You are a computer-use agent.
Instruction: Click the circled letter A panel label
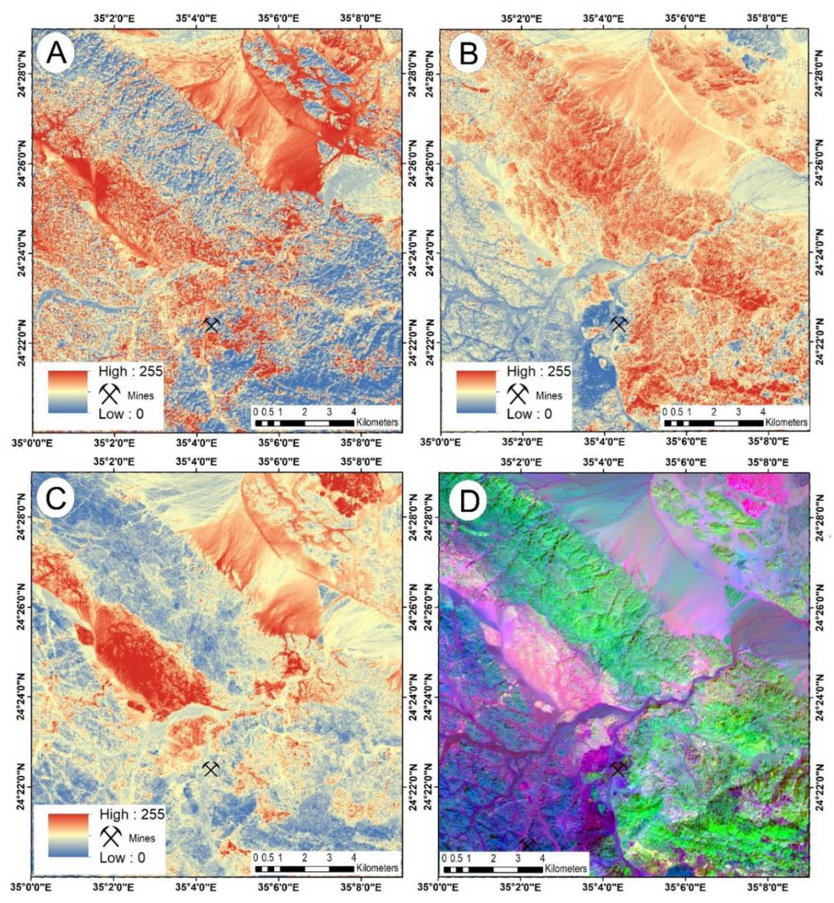pyautogui.click(x=56, y=54)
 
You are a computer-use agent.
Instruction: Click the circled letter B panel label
pyautogui.click(x=468, y=54)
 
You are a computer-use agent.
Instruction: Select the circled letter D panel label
pyautogui.click(x=468, y=500)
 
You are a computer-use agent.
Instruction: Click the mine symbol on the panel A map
pyautogui.click(x=211, y=324)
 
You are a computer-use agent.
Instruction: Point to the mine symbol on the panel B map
pyautogui.click(x=619, y=324)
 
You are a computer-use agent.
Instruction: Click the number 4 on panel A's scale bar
pyautogui.click(x=353, y=412)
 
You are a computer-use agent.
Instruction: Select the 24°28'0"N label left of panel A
pyautogui.click(x=23, y=73)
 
